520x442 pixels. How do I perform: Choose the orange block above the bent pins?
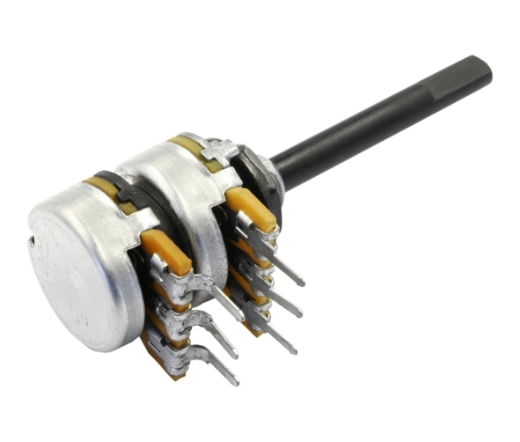coord(166,252)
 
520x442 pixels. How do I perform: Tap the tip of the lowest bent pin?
coord(234,381)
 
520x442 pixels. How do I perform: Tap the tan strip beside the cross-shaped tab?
coord(188,145)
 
